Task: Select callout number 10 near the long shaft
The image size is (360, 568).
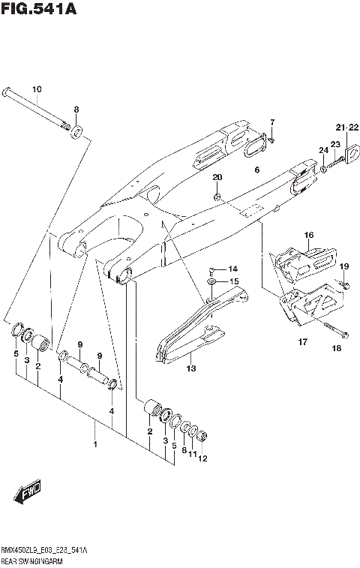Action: click(x=36, y=90)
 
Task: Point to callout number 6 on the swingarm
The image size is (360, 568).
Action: click(x=256, y=170)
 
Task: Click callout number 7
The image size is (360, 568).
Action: click(x=273, y=122)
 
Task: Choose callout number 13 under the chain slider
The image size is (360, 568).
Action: click(x=190, y=368)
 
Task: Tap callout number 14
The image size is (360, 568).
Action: click(x=232, y=269)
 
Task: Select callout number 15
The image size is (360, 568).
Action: click(x=234, y=282)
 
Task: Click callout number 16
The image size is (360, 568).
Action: click(x=308, y=236)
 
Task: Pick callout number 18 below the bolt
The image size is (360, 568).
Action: click(x=336, y=349)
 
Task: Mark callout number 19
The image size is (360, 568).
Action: click(x=344, y=266)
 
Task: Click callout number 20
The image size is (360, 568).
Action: click(x=217, y=178)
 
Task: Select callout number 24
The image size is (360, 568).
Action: click(x=323, y=151)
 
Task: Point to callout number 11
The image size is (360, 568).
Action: click(x=192, y=454)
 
